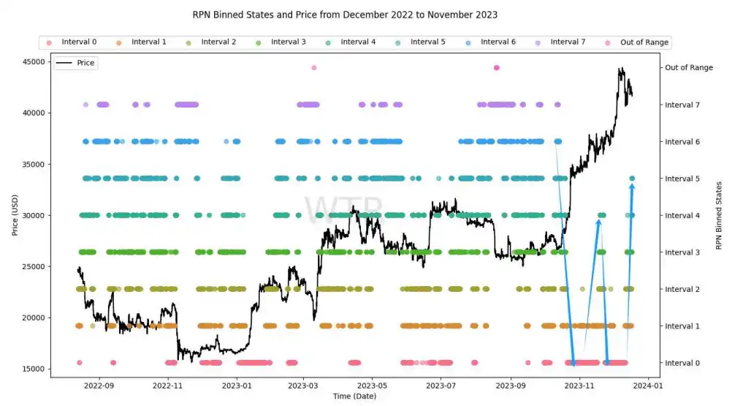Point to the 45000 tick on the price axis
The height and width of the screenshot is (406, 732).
32,61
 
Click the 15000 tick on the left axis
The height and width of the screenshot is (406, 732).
32,369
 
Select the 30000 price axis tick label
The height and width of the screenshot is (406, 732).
32,215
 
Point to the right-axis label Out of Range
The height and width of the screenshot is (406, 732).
688,68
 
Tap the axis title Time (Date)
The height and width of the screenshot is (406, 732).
356,396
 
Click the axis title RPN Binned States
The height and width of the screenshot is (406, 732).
719,215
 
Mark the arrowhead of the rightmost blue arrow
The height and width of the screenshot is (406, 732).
632,185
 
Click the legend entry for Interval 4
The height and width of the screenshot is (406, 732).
358,42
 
